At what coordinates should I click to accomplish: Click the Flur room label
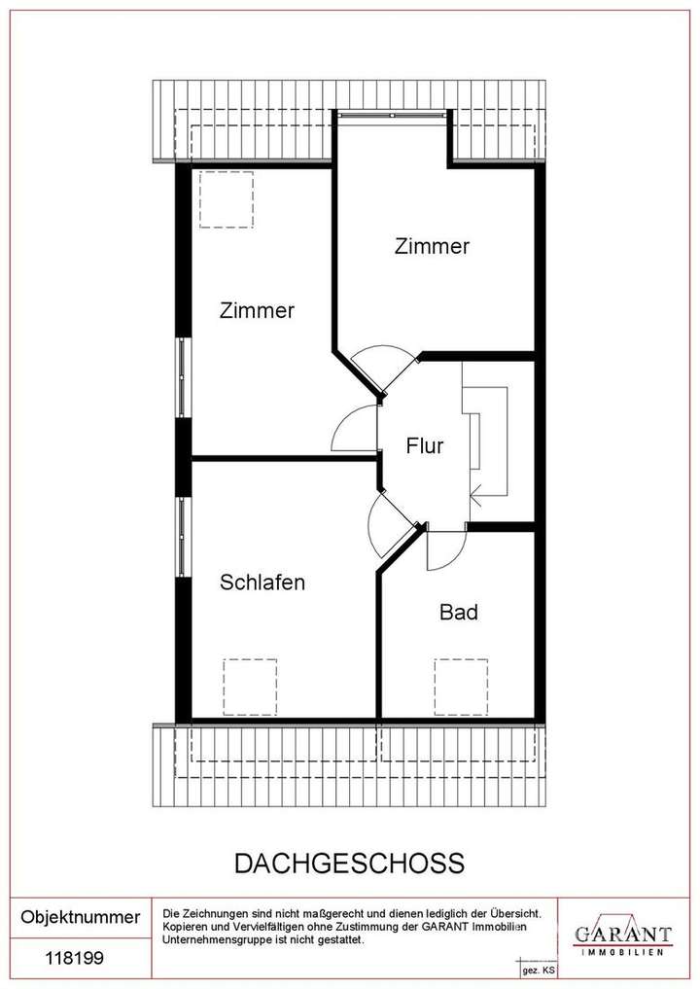(x=425, y=446)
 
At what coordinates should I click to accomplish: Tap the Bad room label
(x=459, y=613)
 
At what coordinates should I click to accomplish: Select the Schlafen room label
(x=262, y=583)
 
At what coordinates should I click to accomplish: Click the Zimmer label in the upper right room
(x=432, y=247)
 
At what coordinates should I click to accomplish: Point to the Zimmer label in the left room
(x=257, y=311)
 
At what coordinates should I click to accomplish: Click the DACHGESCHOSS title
(x=349, y=863)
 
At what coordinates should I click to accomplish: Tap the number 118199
(x=75, y=959)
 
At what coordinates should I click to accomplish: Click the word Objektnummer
(x=80, y=917)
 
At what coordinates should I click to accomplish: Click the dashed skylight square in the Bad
(x=461, y=686)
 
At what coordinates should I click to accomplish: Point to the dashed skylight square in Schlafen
(x=250, y=687)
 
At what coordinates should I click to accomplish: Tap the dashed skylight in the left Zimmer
(x=226, y=199)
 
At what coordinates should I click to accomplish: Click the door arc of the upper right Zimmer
(x=384, y=365)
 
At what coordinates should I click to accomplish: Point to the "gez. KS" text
(x=538, y=971)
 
